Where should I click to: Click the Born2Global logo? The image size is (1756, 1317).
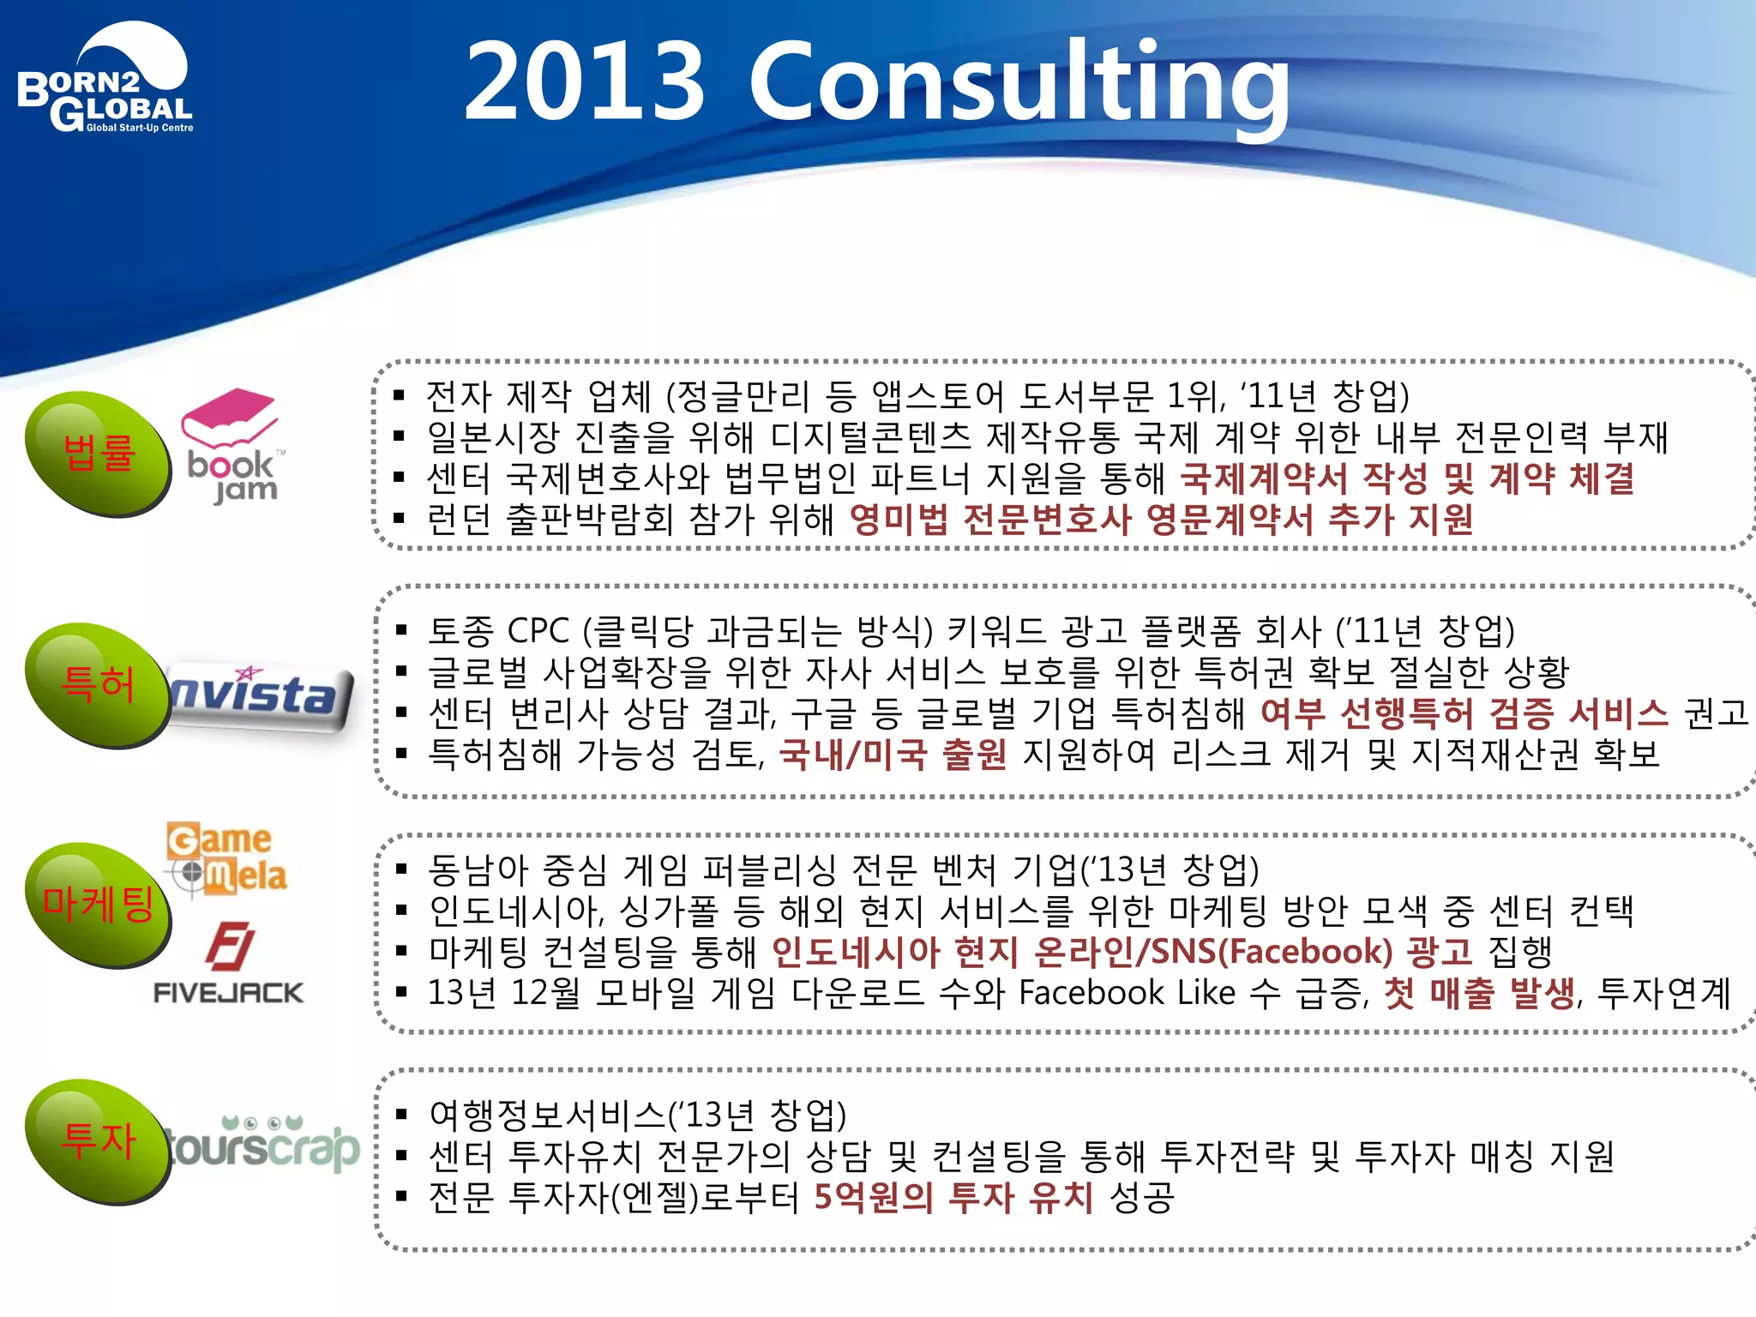(x=105, y=81)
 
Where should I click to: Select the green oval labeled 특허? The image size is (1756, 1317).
(x=97, y=684)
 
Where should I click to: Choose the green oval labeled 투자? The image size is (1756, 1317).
(x=97, y=1140)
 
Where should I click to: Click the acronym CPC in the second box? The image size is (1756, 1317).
(x=538, y=631)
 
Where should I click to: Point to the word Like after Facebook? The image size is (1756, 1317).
(x=1206, y=993)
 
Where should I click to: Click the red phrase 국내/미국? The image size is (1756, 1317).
(x=852, y=755)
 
